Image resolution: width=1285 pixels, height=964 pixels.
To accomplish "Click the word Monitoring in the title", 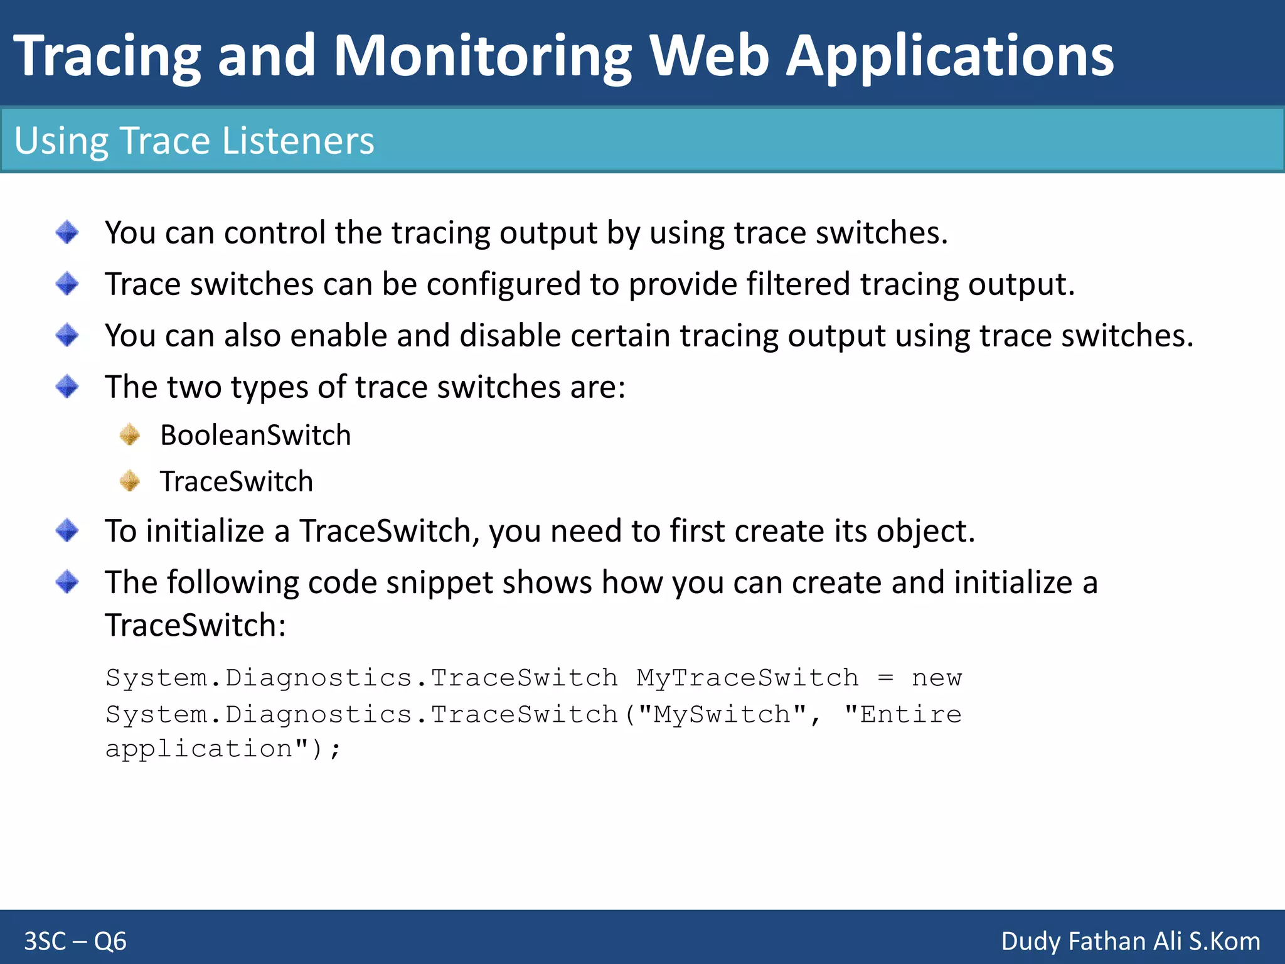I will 482,56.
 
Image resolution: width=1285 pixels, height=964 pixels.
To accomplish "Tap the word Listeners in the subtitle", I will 298,140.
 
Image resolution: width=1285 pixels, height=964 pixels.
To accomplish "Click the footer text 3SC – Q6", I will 75,941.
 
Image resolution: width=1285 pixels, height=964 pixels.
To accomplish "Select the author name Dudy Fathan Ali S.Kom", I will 1130,941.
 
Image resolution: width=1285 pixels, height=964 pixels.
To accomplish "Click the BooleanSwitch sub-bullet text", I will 255,435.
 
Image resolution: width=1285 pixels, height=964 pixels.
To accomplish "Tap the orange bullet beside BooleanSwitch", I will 130,434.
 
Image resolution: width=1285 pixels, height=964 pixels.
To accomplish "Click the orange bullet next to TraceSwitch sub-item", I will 130,481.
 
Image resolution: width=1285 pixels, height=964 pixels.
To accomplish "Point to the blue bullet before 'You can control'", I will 67,232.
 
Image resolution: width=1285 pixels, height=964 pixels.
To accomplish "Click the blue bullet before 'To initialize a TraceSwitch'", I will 67,531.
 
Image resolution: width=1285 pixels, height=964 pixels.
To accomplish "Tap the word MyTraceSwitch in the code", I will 747,678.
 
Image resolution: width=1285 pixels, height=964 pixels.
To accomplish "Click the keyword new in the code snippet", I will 936,678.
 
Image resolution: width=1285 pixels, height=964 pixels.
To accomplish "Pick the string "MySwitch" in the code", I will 722,714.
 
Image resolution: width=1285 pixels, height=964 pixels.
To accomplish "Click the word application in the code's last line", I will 199,749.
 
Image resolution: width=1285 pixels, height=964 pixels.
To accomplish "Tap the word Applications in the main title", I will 949,56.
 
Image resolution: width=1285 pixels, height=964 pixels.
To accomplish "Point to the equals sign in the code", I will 885,678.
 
